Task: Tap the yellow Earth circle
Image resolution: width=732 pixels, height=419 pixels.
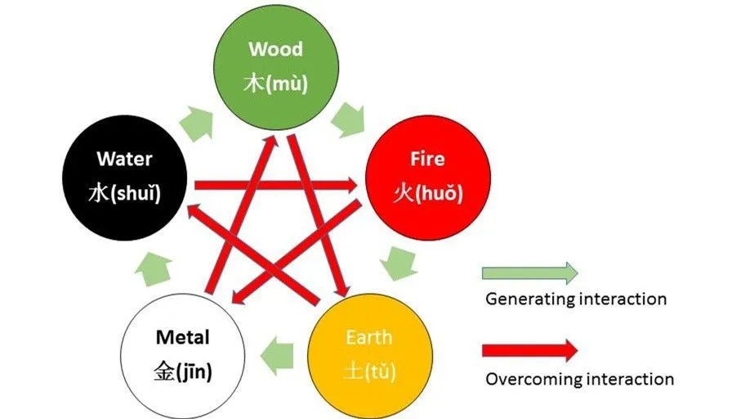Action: pos(368,354)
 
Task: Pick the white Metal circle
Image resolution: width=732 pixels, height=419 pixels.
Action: pos(182,354)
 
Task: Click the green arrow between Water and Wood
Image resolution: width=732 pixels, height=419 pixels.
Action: pos(195,122)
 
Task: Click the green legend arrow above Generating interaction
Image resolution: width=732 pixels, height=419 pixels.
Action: pos(529,273)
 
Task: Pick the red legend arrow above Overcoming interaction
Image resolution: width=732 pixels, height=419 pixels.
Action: pos(529,350)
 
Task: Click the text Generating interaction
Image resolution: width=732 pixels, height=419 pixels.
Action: pos(576,299)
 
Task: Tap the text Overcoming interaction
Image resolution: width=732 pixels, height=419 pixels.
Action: pos(579,379)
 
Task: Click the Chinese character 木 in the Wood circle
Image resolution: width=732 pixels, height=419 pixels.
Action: pos(256,83)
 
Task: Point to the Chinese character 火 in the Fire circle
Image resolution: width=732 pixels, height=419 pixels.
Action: pos(403,194)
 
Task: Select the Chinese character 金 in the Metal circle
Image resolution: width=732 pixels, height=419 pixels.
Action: pos(165,372)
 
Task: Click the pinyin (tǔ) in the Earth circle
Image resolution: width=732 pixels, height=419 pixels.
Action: pos(382,372)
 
